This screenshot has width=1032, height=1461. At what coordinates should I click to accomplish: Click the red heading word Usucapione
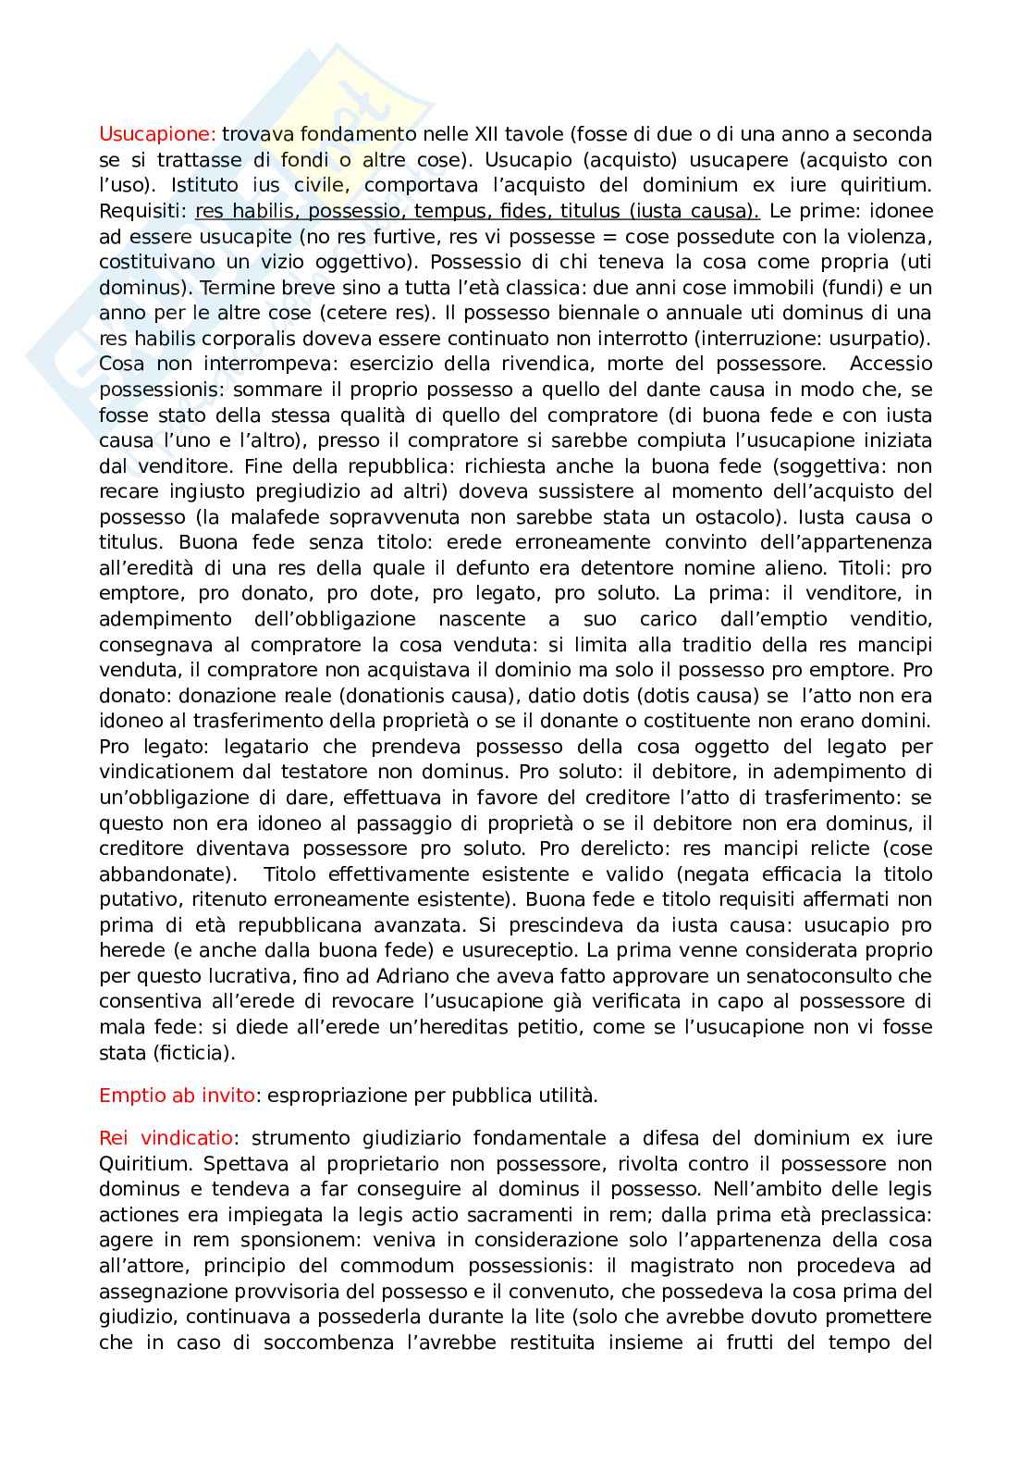pos(157,134)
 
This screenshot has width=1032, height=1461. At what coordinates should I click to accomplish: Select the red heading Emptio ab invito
pos(177,1096)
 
